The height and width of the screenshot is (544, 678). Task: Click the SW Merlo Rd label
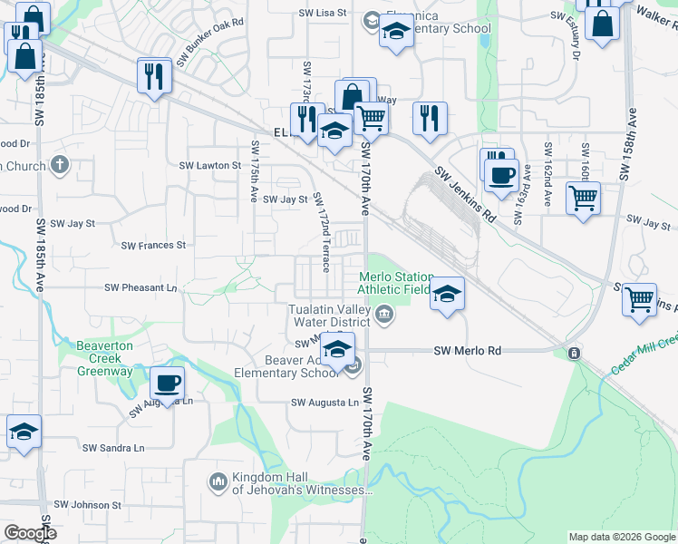point(468,351)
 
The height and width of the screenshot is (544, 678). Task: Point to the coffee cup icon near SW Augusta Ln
point(167,384)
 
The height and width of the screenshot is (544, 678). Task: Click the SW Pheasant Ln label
point(141,287)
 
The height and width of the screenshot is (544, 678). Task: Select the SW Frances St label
point(153,245)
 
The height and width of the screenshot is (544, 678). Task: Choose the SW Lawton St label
point(209,166)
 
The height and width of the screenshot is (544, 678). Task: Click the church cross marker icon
point(60,164)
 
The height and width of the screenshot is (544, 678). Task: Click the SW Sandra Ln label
point(113,448)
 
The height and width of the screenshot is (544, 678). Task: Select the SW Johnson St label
point(87,504)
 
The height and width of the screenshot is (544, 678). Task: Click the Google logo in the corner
point(29,532)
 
